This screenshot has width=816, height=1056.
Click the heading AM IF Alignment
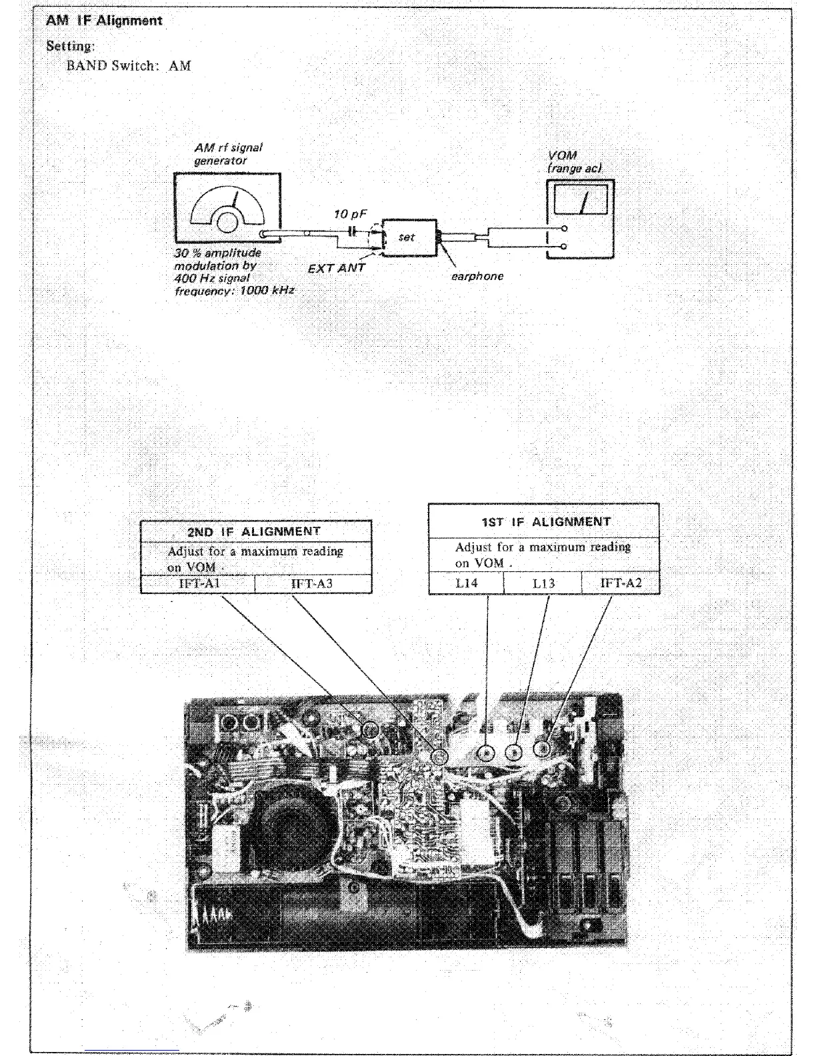tap(104, 21)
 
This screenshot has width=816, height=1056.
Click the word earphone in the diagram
tap(477, 276)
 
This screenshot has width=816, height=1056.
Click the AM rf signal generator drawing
tap(227, 210)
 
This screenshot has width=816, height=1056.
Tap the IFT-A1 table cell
tap(197, 584)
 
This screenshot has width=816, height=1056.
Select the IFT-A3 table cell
tap(312, 584)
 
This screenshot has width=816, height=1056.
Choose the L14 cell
tap(466, 583)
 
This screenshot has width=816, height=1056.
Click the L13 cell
tap(543, 583)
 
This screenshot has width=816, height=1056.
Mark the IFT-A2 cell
tap(621, 583)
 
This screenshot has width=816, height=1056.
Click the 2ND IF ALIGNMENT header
tap(255, 531)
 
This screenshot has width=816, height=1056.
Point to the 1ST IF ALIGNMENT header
tap(543, 521)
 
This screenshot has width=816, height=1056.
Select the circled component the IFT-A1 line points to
tap(370, 731)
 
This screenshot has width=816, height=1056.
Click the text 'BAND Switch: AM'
tap(129, 66)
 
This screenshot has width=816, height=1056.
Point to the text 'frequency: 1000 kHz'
tap(233, 291)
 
